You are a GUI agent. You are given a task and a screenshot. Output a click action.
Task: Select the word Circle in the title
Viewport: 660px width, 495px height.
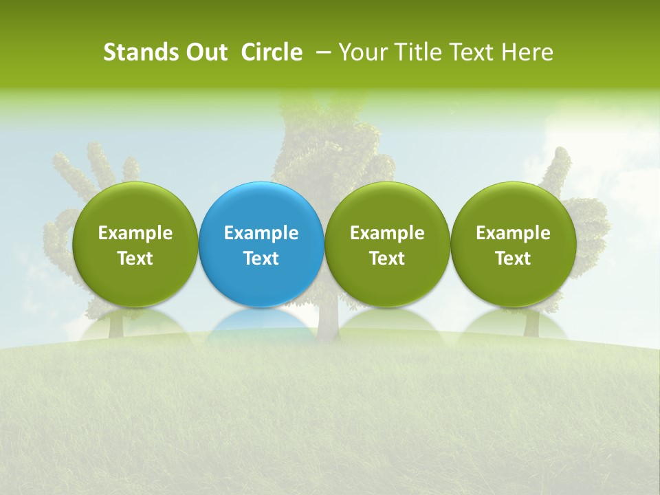click(272, 52)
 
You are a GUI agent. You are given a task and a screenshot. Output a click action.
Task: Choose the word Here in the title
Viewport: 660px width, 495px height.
click(528, 52)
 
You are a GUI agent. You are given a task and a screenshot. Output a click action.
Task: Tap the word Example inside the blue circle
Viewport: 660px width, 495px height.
click(261, 233)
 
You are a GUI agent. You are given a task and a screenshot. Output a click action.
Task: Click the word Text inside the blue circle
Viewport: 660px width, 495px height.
click(261, 258)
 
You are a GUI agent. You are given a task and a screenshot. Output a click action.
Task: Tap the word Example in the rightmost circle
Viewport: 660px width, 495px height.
click(513, 233)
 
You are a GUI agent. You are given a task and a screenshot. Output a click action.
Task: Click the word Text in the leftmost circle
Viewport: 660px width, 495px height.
click(135, 258)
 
